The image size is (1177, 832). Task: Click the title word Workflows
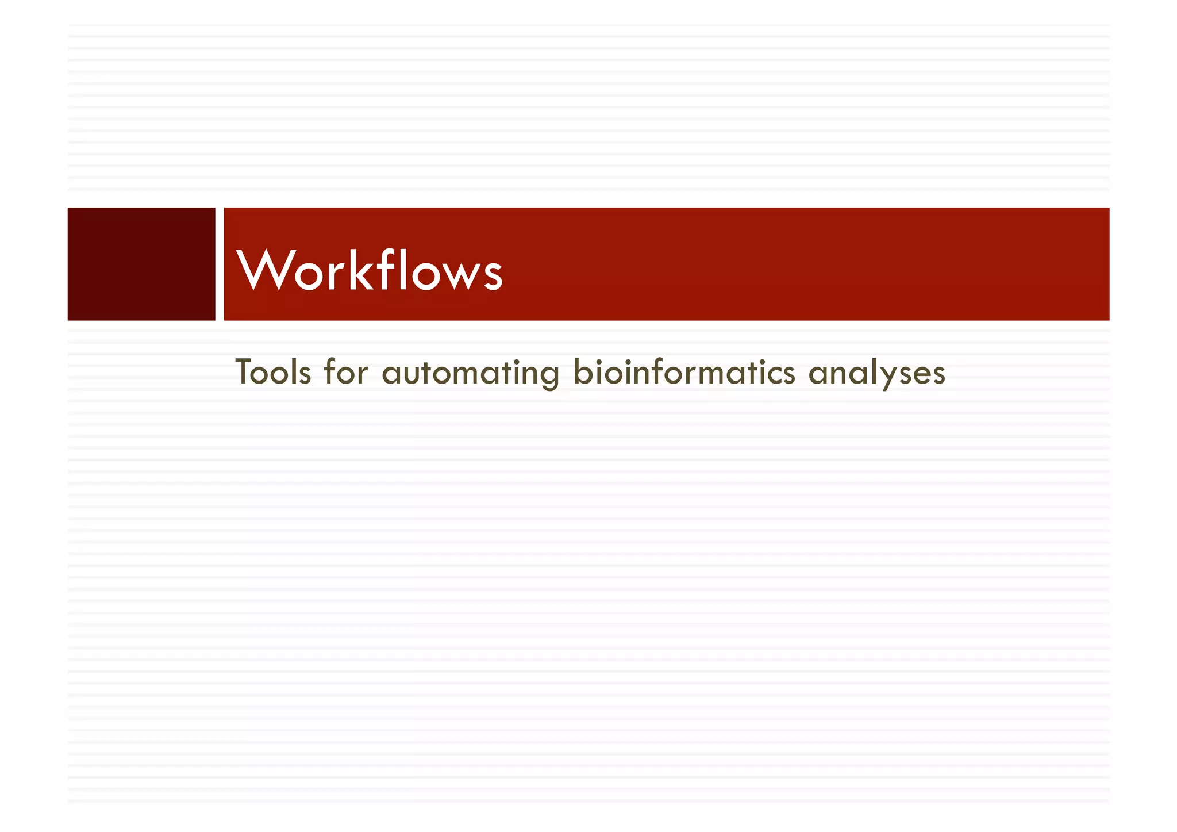click(x=370, y=270)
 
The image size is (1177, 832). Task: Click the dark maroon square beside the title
click(x=141, y=264)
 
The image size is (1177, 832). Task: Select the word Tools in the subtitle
click(x=274, y=373)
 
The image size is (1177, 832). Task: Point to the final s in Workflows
click(x=493, y=275)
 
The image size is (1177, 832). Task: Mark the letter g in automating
click(x=550, y=377)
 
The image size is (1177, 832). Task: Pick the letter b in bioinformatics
click(x=582, y=371)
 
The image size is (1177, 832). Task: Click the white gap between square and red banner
click(x=220, y=264)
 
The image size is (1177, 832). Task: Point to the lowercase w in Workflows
click(x=459, y=275)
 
